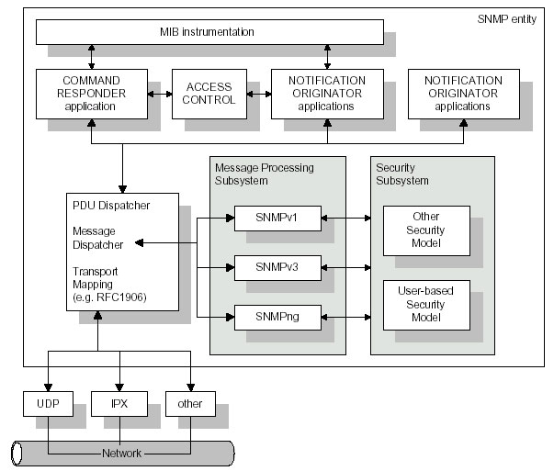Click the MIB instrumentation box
click(209, 32)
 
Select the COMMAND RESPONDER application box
click(92, 94)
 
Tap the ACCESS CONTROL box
click(209, 94)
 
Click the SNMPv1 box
click(277, 219)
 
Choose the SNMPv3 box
click(277, 268)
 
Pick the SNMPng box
click(277, 318)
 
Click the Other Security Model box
click(426, 231)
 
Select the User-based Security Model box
click(426, 306)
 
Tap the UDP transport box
click(49, 404)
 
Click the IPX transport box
click(119, 404)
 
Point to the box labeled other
click(190, 404)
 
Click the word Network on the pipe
click(121, 453)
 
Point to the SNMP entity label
click(506, 19)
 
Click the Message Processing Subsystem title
click(265, 174)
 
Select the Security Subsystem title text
click(402, 174)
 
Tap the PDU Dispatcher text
click(111, 206)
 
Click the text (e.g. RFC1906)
click(109, 297)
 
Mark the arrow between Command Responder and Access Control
click(160, 95)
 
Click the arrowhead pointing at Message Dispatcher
click(140, 243)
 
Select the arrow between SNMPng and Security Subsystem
click(345, 318)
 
